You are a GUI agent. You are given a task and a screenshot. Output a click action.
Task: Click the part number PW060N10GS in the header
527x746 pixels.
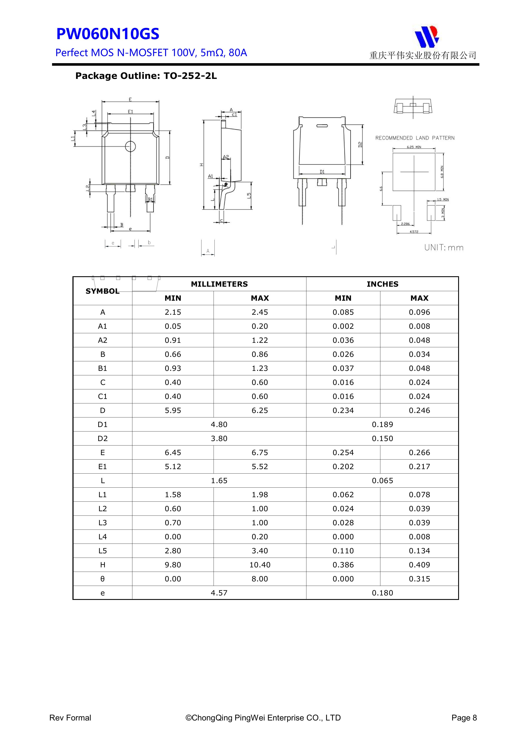point(108,34)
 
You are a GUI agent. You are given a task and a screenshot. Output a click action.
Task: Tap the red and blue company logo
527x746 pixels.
point(426,36)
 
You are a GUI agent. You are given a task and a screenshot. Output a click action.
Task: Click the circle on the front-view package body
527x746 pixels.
point(130,147)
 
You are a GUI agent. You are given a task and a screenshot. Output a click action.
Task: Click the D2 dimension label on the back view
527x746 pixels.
point(360,145)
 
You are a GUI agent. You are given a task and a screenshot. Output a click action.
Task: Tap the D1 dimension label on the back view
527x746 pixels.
point(322,172)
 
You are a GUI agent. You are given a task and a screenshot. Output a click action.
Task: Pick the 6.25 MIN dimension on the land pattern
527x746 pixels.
point(414,147)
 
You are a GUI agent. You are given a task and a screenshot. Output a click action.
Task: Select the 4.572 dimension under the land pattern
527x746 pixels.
point(414,232)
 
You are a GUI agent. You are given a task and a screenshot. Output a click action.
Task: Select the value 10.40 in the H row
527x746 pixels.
point(260,565)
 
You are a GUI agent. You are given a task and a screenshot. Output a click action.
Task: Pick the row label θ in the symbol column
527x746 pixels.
point(103,579)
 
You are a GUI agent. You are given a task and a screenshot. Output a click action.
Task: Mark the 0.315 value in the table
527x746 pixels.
point(419,579)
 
